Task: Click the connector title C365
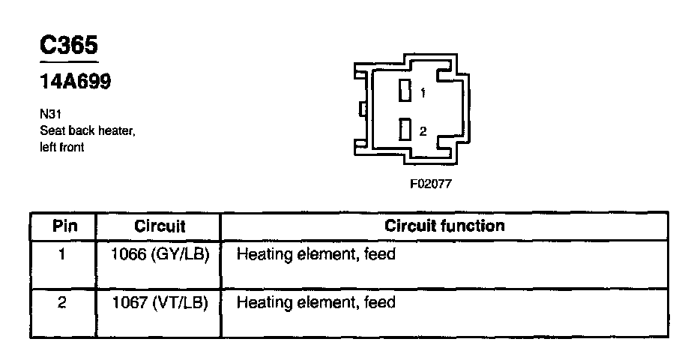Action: pyautogui.click(x=68, y=46)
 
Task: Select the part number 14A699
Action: pyautogui.click(x=75, y=82)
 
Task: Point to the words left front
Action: pyautogui.click(x=61, y=148)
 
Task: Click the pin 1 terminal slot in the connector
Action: pyautogui.click(x=405, y=91)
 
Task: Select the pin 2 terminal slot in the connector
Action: pyautogui.click(x=405, y=130)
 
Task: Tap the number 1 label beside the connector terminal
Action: pyautogui.click(x=423, y=94)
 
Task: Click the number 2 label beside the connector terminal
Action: pyautogui.click(x=423, y=131)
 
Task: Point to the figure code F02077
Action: pyautogui.click(x=430, y=183)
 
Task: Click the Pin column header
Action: pyautogui.click(x=64, y=226)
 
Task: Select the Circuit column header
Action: pyautogui.click(x=159, y=226)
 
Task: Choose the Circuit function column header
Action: pyautogui.click(x=444, y=225)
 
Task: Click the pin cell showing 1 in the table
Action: pyautogui.click(x=63, y=255)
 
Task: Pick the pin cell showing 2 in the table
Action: pyautogui.click(x=63, y=303)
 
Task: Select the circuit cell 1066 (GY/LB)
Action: pyautogui.click(x=159, y=255)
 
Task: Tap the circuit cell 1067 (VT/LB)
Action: pyautogui.click(x=159, y=303)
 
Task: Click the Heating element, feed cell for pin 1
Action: pyautogui.click(x=316, y=255)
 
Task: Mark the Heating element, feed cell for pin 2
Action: pyautogui.click(x=316, y=303)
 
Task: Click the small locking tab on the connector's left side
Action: pyautogui.click(x=363, y=111)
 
